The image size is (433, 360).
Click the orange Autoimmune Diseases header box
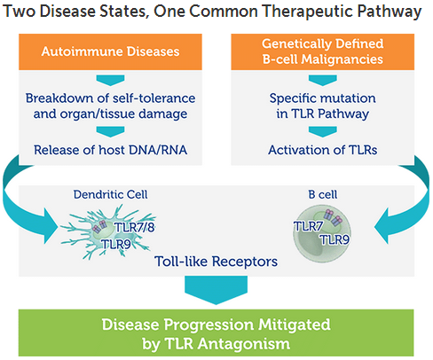pos(110,51)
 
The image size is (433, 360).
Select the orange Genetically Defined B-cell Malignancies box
pos(323,51)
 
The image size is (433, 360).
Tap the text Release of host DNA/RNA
pos(110,150)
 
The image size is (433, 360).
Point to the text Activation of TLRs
pos(323,150)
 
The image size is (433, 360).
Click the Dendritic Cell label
pos(110,194)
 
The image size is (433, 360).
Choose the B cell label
pos(323,194)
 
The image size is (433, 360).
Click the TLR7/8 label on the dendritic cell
pos(135,228)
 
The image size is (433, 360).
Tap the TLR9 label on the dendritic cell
pos(116,245)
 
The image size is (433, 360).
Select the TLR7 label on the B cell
pos(308,226)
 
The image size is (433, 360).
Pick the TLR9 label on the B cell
pos(335,239)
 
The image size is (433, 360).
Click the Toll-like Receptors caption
pos(216,262)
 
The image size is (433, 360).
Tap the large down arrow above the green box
pos(216,290)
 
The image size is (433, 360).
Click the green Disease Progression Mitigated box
pos(216,333)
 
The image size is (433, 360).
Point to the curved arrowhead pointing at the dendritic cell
pos(51,226)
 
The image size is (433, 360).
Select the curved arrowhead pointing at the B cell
pos(382,226)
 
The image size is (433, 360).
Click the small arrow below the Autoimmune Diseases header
pos(110,80)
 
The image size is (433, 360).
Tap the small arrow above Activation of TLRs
pos(323,132)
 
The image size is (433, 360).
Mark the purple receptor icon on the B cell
pos(333,217)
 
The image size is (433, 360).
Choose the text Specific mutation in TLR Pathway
pos(323,106)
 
